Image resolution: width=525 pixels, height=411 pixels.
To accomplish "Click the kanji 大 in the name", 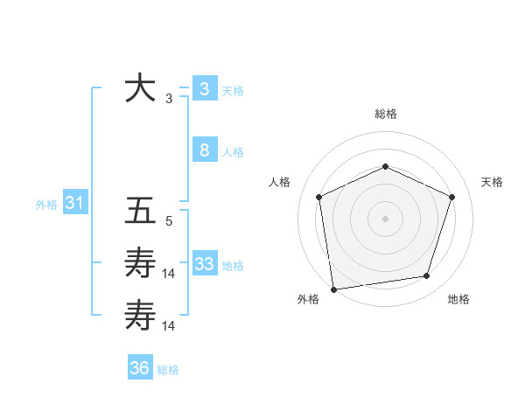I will pyautogui.click(x=141, y=89).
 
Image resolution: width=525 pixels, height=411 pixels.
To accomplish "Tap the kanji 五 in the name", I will pyautogui.click(x=141, y=212).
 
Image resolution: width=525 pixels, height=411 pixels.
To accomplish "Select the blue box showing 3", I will pyautogui.click(x=204, y=89).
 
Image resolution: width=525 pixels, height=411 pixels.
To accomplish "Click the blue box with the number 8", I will pyautogui.click(x=204, y=150).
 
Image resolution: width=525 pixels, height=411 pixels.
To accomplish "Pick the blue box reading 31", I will pyautogui.click(x=74, y=204).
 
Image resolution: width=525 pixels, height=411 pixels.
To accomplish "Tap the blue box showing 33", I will pyautogui.click(x=204, y=264).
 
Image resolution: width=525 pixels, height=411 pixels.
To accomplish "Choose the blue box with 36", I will pyautogui.click(x=139, y=368).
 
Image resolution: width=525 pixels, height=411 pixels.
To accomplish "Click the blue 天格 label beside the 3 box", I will pyautogui.click(x=233, y=91).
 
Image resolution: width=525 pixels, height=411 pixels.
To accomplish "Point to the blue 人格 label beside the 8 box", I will pyautogui.click(x=233, y=152).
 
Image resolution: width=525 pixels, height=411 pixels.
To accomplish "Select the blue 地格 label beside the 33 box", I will pyautogui.click(x=233, y=266).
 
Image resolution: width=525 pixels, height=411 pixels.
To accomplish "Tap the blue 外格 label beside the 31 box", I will pyautogui.click(x=46, y=205).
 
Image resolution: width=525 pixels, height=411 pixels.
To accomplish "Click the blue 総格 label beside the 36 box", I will pyautogui.click(x=168, y=370).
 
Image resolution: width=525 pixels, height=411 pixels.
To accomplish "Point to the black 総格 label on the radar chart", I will pyautogui.click(x=385, y=114).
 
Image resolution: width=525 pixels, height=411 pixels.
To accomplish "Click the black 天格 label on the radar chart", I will pyautogui.click(x=492, y=182).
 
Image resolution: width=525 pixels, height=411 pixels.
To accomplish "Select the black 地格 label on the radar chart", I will pyautogui.click(x=458, y=300).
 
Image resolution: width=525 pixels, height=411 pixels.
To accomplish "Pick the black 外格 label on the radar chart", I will pyautogui.click(x=307, y=300).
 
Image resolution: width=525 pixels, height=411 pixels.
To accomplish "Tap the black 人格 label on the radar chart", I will pyautogui.click(x=279, y=182).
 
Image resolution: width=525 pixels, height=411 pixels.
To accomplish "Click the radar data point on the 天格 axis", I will pyautogui.click(x=452, y=197).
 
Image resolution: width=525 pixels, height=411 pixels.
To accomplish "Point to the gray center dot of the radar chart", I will pyautogui.click(x=385, y=218).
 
